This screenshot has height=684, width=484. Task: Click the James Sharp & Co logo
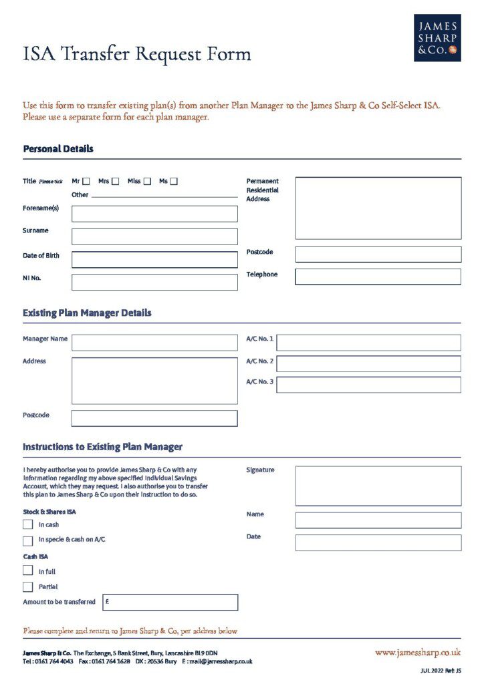[x=437, y=38]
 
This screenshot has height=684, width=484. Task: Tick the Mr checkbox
[x=86, y=181]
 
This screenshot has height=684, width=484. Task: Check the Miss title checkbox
[x=147, y=181]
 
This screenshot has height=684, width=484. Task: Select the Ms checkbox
[x=174, y=181]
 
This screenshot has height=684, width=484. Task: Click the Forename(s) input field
[x=154, y=214]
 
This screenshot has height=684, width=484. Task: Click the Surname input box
[x=154, y=236]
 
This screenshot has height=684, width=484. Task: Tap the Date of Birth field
[x=154, y=260]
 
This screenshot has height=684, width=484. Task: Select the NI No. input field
[x=154, y=282]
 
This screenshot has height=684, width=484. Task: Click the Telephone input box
[x=378, y=277]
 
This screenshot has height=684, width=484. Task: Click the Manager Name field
[x=154, y=343]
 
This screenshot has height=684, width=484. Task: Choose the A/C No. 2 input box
[x=368, y=364]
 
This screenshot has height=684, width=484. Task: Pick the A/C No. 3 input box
[x=368, y=385]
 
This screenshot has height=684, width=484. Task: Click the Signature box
[x=378, y=486]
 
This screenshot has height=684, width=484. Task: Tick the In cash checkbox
[x=28, y=524]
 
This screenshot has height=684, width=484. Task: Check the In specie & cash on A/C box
[x=28, y=540]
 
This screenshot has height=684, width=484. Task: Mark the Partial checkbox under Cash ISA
[x=28, y=586]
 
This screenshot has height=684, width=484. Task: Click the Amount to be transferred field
[x=170, y=603]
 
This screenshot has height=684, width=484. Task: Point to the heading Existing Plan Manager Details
[x=87, y=313]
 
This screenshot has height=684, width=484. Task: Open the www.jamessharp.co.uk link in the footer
[x=418, y=653]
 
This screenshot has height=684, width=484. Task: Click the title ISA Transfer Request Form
[x=137, y=54]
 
